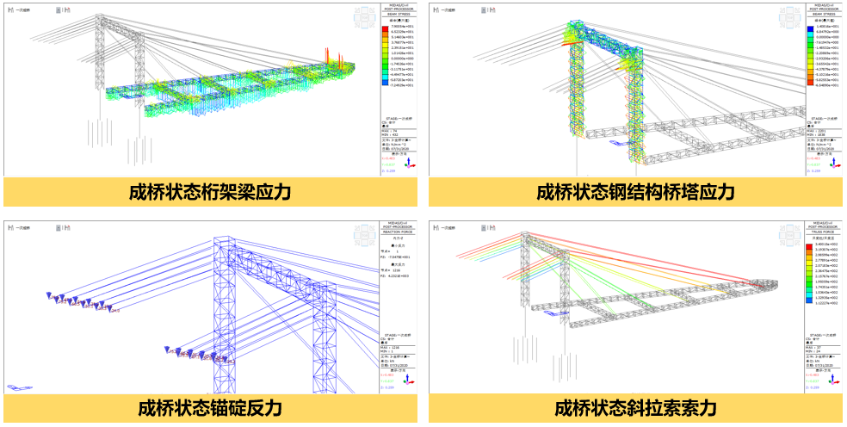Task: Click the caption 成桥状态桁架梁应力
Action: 209,192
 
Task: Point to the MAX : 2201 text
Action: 818,130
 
